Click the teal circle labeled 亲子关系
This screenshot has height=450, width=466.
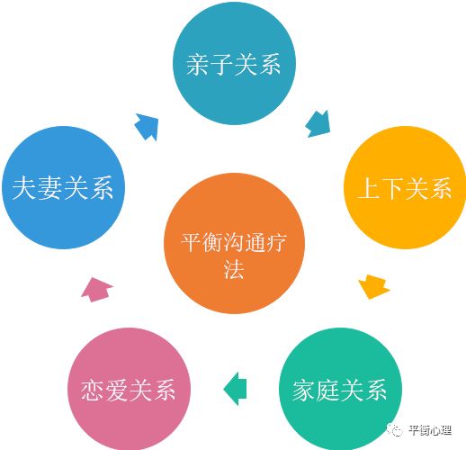point(234,63)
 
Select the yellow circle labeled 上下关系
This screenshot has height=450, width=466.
point(405,187)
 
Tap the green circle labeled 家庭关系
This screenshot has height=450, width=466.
point(340,389)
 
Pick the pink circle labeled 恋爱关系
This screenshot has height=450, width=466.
point(129,389)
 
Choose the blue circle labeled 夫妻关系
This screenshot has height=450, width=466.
point(63,187)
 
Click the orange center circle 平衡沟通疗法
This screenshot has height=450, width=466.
point(234,243)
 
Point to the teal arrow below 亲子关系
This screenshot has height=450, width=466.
point(318,124)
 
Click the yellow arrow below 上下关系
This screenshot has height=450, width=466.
point(373,286)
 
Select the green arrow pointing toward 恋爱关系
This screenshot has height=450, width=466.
point(236,389)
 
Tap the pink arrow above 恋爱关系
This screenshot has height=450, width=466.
point(96,290)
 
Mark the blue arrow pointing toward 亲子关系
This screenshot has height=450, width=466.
point(147,127)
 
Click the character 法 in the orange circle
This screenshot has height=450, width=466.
point(234,269)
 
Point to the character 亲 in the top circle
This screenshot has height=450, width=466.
point(198,64)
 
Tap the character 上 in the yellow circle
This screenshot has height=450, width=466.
point(369,188)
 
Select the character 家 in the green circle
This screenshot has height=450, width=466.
point(304,390)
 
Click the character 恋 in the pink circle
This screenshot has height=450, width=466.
point(93,390)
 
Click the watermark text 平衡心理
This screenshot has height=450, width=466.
point(430,430)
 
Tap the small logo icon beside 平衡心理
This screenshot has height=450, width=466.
point(395,430)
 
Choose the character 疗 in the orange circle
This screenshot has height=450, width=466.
point(276,242)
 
